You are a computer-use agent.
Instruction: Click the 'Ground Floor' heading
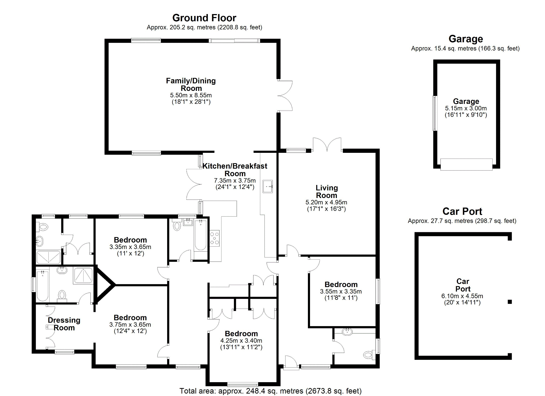[204, 18]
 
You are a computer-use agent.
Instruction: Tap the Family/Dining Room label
[191, 85]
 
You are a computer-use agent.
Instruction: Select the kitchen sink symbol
[267, 186]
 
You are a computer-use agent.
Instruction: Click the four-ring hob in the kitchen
[214, 238]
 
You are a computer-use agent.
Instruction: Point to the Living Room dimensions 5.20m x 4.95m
[326, 202]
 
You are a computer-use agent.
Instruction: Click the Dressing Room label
[64, 324]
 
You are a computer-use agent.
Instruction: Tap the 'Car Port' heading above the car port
[462, 212]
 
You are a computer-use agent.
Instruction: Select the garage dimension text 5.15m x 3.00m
[466, 108]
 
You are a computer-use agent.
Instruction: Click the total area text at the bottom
[270, 391]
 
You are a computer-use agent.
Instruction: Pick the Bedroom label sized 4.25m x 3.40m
[241, 334]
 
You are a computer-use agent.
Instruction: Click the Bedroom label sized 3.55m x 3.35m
[341, 285]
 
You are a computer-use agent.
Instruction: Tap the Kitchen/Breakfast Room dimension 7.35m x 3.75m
[235, 180]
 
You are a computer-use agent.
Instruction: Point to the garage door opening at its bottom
[466, 165]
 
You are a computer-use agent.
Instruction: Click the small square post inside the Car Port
[510, 302]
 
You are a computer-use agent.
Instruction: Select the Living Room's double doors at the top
[327, 145]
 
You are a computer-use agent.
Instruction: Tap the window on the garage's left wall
[435, 113]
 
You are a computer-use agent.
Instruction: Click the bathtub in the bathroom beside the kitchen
[200, 235]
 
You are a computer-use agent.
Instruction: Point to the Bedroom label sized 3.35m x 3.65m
[130, 240]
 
